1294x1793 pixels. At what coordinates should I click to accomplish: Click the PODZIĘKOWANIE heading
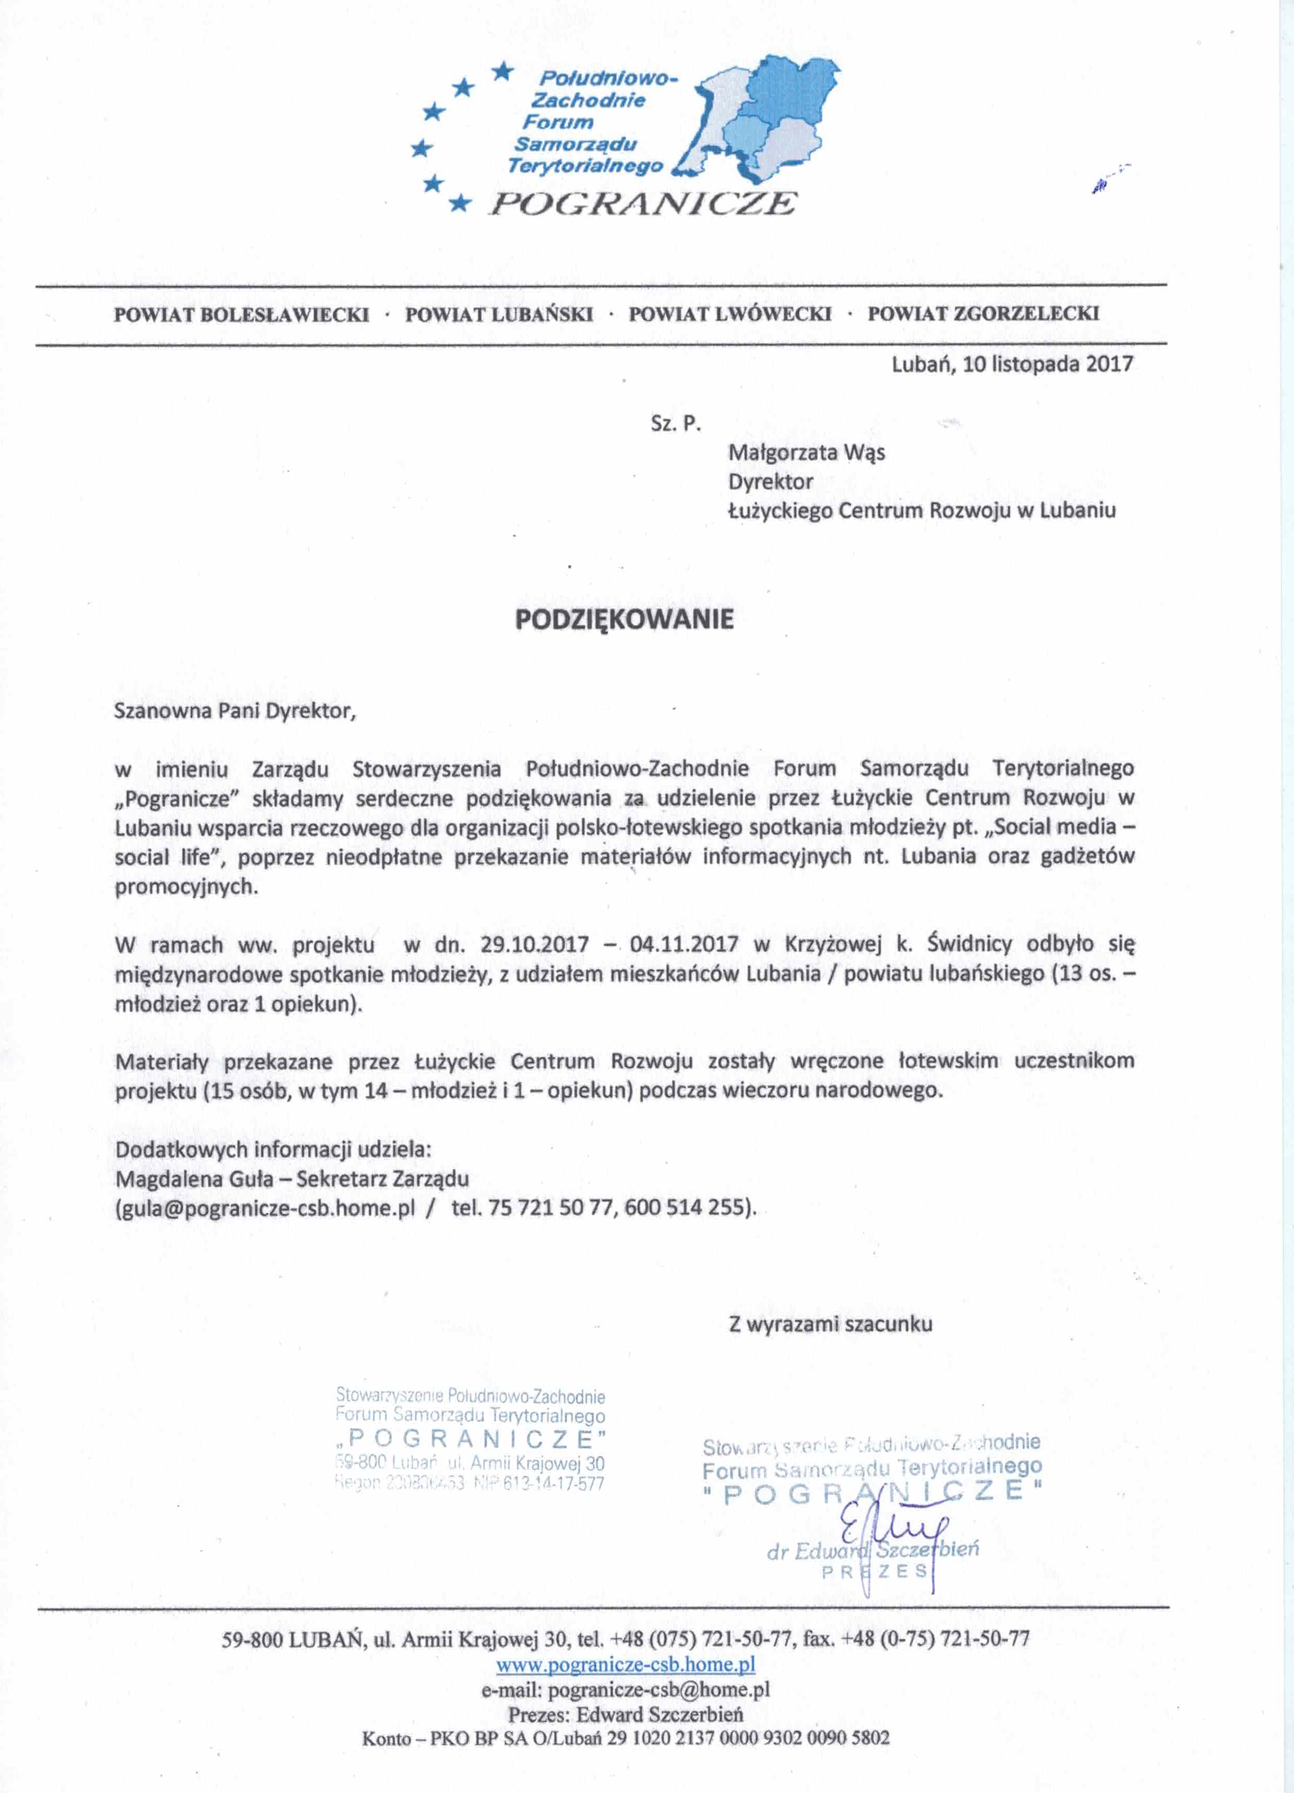[x=625, y=618]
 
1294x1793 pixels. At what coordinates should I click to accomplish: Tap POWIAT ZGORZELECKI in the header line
[x=984, y=313]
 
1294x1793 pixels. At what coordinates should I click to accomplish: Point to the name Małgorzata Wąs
[x=806, y=453]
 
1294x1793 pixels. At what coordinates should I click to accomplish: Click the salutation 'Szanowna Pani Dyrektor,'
[x=235, y=711]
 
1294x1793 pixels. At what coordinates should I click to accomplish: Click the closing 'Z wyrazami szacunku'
[x=830, y=1324]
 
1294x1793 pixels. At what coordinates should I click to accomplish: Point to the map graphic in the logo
[x=759, y=118]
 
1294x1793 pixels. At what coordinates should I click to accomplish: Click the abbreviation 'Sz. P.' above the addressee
[x=676, y=424]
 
